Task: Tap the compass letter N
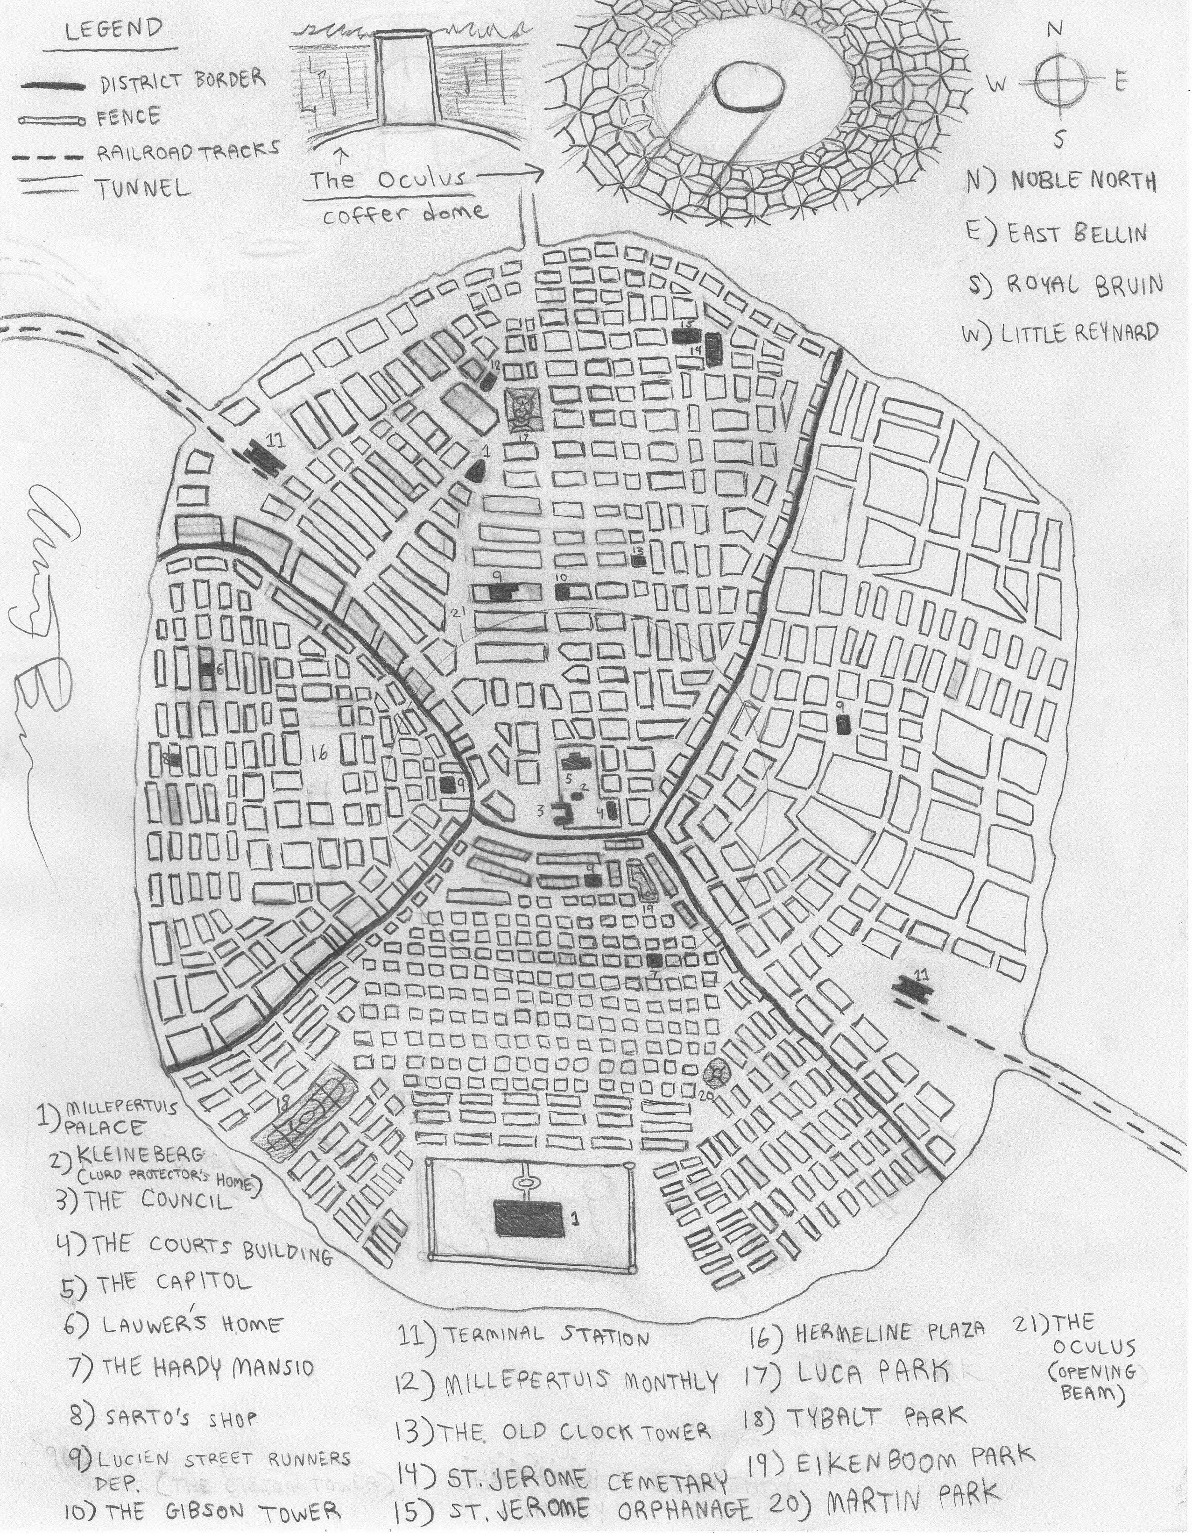click(1054, 29)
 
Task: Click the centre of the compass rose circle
click(1058, 82)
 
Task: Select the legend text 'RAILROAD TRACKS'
click(188, 150)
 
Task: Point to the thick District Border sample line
click(53, 86)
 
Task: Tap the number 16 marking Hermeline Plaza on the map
click(319, 753)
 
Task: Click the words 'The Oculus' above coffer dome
click(388, 180)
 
